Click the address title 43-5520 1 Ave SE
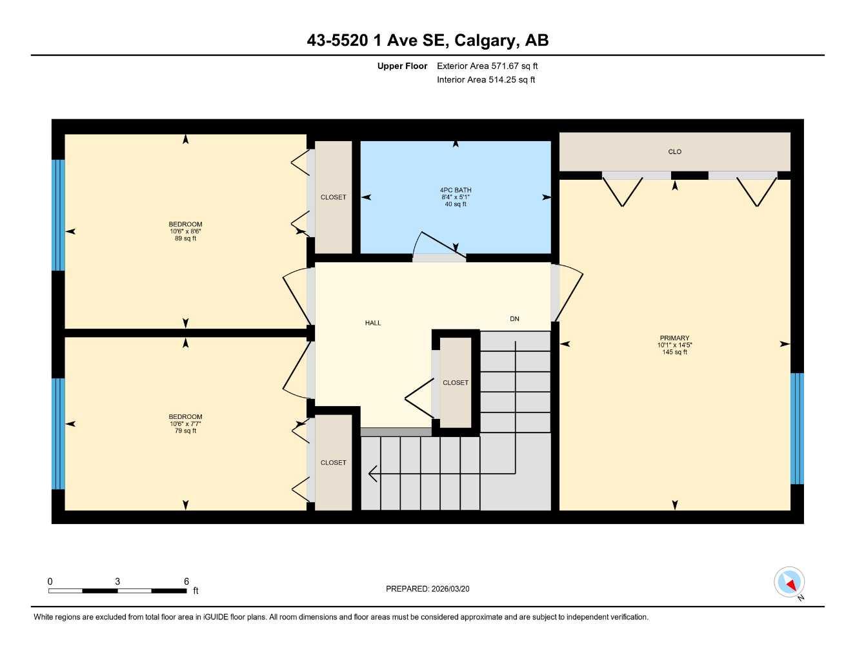[427, 41]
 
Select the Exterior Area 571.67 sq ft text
[487, 66]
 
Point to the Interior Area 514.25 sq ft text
[486, 80]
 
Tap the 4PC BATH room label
[456, 190]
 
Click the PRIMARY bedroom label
[674, 338]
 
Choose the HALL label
[373, 323]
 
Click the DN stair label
[514, 319]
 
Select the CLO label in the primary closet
[674, 152]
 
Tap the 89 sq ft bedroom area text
[186, 238]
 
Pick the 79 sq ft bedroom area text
[186, 431]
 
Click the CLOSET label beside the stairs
[456, 383]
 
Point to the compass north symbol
[789, 583]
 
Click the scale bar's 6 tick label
[186, 581]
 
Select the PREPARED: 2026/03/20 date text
[427, 588]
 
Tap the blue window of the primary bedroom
[797, 428]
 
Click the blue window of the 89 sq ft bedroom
[58, 215]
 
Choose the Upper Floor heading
[402, 66]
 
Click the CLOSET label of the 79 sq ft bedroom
[334, 463]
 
